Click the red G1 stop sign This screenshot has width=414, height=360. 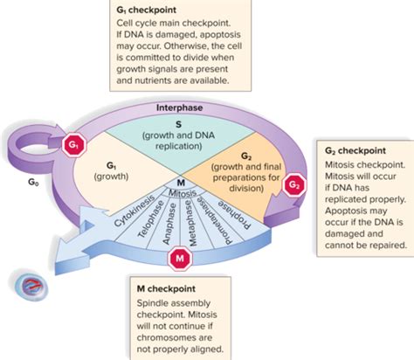coord(74,144)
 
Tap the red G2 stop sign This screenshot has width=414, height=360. coord(294,185)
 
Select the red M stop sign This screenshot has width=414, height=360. coord(180,259)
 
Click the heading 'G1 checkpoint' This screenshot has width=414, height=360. coord(146,10)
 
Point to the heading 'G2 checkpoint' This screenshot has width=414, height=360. coord(355,150)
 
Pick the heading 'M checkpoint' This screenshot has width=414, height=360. coord(166,288)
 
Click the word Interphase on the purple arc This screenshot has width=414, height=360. coord(179,107)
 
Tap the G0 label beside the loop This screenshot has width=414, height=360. coord(33,182)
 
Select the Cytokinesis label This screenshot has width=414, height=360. coord(134,211)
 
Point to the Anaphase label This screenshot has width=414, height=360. coord(169,224)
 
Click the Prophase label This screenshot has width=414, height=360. coord(234,214)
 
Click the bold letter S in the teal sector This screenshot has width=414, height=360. coord(178,124)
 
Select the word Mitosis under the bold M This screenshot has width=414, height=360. coord(183,193)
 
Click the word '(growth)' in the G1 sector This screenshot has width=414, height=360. coord(111,177)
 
